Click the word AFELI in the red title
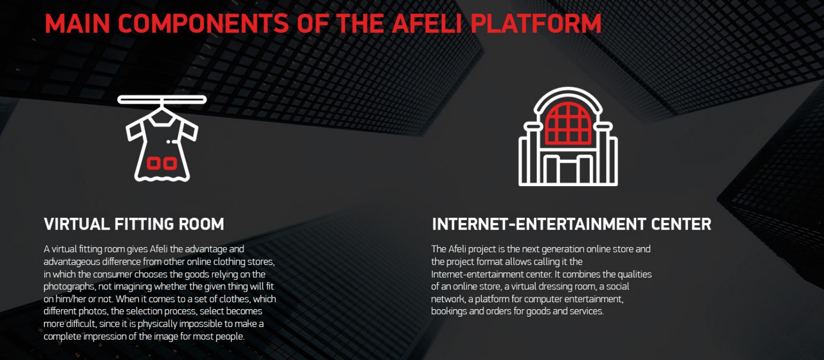coord(427,24)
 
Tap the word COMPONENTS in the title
coord(203,24)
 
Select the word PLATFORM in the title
coord(536,24)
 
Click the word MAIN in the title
coord(77,24)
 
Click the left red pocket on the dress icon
coord(154,163)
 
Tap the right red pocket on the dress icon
coord(170,163)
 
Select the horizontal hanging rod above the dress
coord(162,99)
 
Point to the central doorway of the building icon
coord(568,170)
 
